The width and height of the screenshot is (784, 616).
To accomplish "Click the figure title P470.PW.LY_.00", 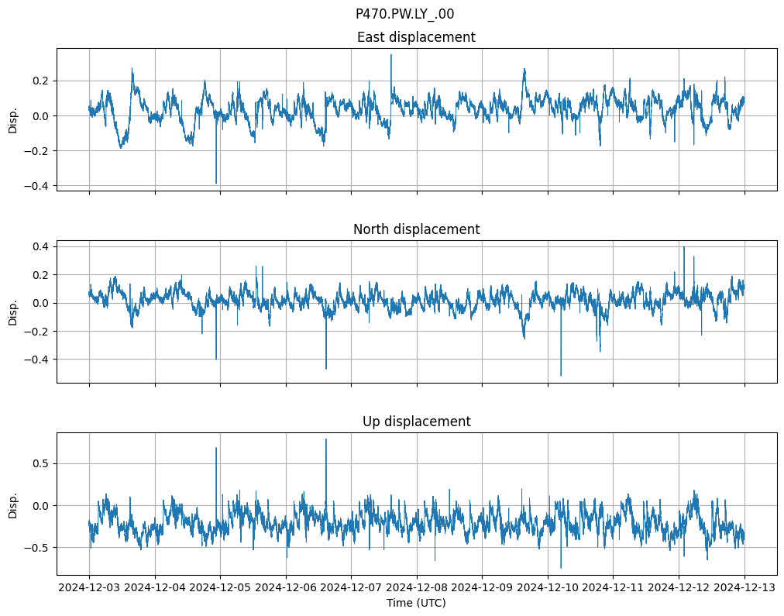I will pyautogui.click(x=404, y=14).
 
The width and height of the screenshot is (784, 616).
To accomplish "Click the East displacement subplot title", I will pyautogui.click(x=416, y=37).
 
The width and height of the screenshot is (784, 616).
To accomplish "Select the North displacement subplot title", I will pyautogui.click(x=416, y=229).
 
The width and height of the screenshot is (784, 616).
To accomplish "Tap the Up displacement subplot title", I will pyautogui.click(x=416, y=422).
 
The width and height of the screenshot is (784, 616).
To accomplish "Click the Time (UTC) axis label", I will pyautogui.click(x=416, y=603).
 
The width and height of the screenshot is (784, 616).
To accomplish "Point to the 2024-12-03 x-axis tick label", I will pyautogui.click(x=89, y=588).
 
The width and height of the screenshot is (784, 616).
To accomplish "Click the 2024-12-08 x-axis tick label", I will pyautogui.click(x=417, y=588).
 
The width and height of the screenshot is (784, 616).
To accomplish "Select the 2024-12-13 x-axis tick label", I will pyautogui.click(x=744, y=588).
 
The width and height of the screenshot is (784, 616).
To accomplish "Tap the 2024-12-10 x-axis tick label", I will pyautogui.click(x=548, y=588).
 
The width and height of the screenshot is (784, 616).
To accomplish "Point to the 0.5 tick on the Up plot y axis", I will pyautogui.click(x=41, y=463).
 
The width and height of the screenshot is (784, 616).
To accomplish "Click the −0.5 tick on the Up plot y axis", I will pyautogui.click(x=38, y=548).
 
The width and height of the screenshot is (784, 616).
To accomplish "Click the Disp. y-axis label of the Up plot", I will pyautogui.click(x=13, y=504).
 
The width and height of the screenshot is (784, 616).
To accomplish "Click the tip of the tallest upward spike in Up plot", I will pyautogui.click(x=326, y=439).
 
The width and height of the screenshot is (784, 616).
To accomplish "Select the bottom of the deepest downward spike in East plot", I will pyautogui.click(x=216, y=184).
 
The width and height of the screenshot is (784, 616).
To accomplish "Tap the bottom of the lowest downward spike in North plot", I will pyautogui.click(x=561, y=376).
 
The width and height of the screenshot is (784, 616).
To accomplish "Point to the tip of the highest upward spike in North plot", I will pyautogui.click(x=683, y=247).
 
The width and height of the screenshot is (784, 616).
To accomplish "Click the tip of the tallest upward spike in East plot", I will pyautogui.click(x=391, y=54).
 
